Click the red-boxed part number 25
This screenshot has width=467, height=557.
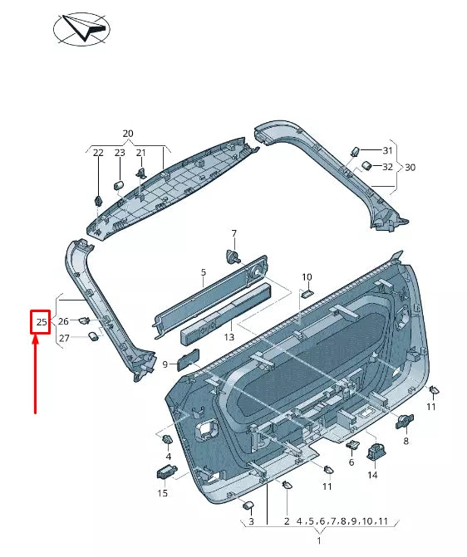coord(41,321)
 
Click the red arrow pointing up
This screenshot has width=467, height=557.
coord(35,374)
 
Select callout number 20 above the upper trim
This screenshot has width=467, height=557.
coord(127,134)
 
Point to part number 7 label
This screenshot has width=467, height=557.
coord(233,233)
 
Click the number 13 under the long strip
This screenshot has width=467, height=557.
coord(229,338)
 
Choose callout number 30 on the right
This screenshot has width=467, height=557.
coord(410,168)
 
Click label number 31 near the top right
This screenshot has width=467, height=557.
coord(387,150)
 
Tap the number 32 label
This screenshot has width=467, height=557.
coord(387,167)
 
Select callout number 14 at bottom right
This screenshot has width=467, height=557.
coord(372,476)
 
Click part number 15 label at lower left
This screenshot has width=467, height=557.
coord(163,493)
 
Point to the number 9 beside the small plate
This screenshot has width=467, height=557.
coord(165,364)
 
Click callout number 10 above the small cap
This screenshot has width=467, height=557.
coord(307,276)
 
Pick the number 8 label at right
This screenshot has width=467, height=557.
coord(406,442)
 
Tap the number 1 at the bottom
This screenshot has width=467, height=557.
coord(319,540)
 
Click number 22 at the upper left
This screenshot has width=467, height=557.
coord(98,153)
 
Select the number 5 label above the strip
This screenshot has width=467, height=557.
coord(203,272)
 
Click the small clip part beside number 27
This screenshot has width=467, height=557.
coord(94,336)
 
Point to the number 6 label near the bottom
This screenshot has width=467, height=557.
coord(351,462)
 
